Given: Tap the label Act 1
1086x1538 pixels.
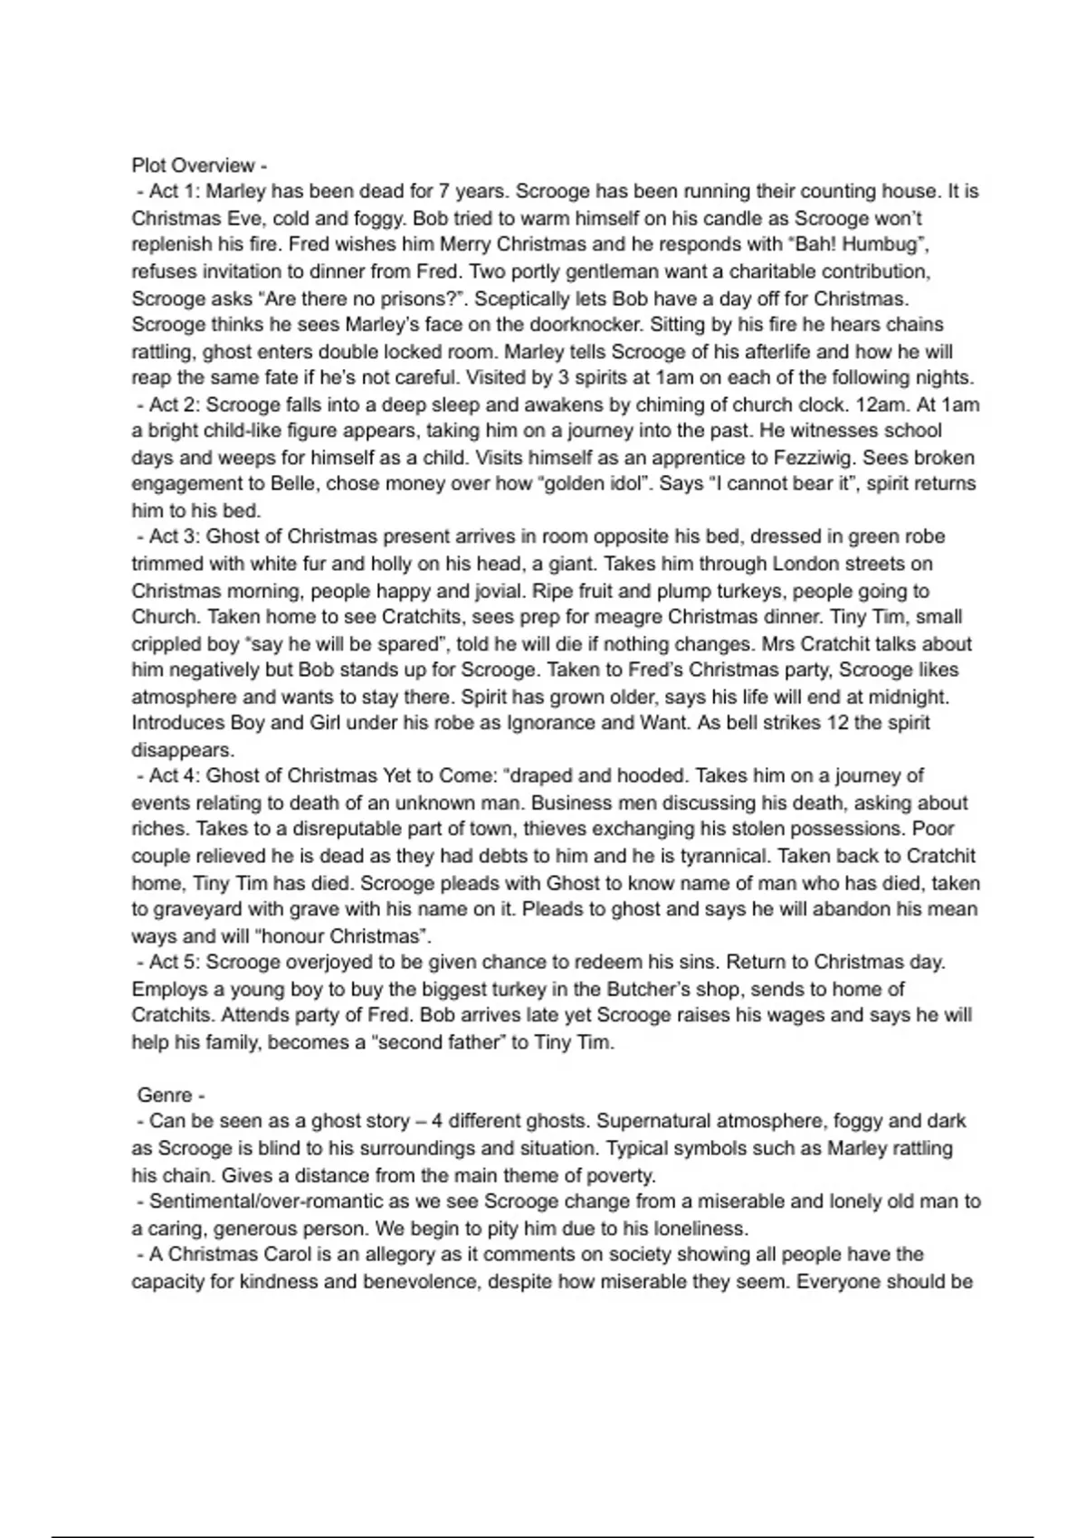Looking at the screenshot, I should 172,192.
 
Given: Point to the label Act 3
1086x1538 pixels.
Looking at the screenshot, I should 172,536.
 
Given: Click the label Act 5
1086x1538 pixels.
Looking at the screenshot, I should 172,962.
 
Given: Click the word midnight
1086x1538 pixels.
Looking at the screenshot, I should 911,697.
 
